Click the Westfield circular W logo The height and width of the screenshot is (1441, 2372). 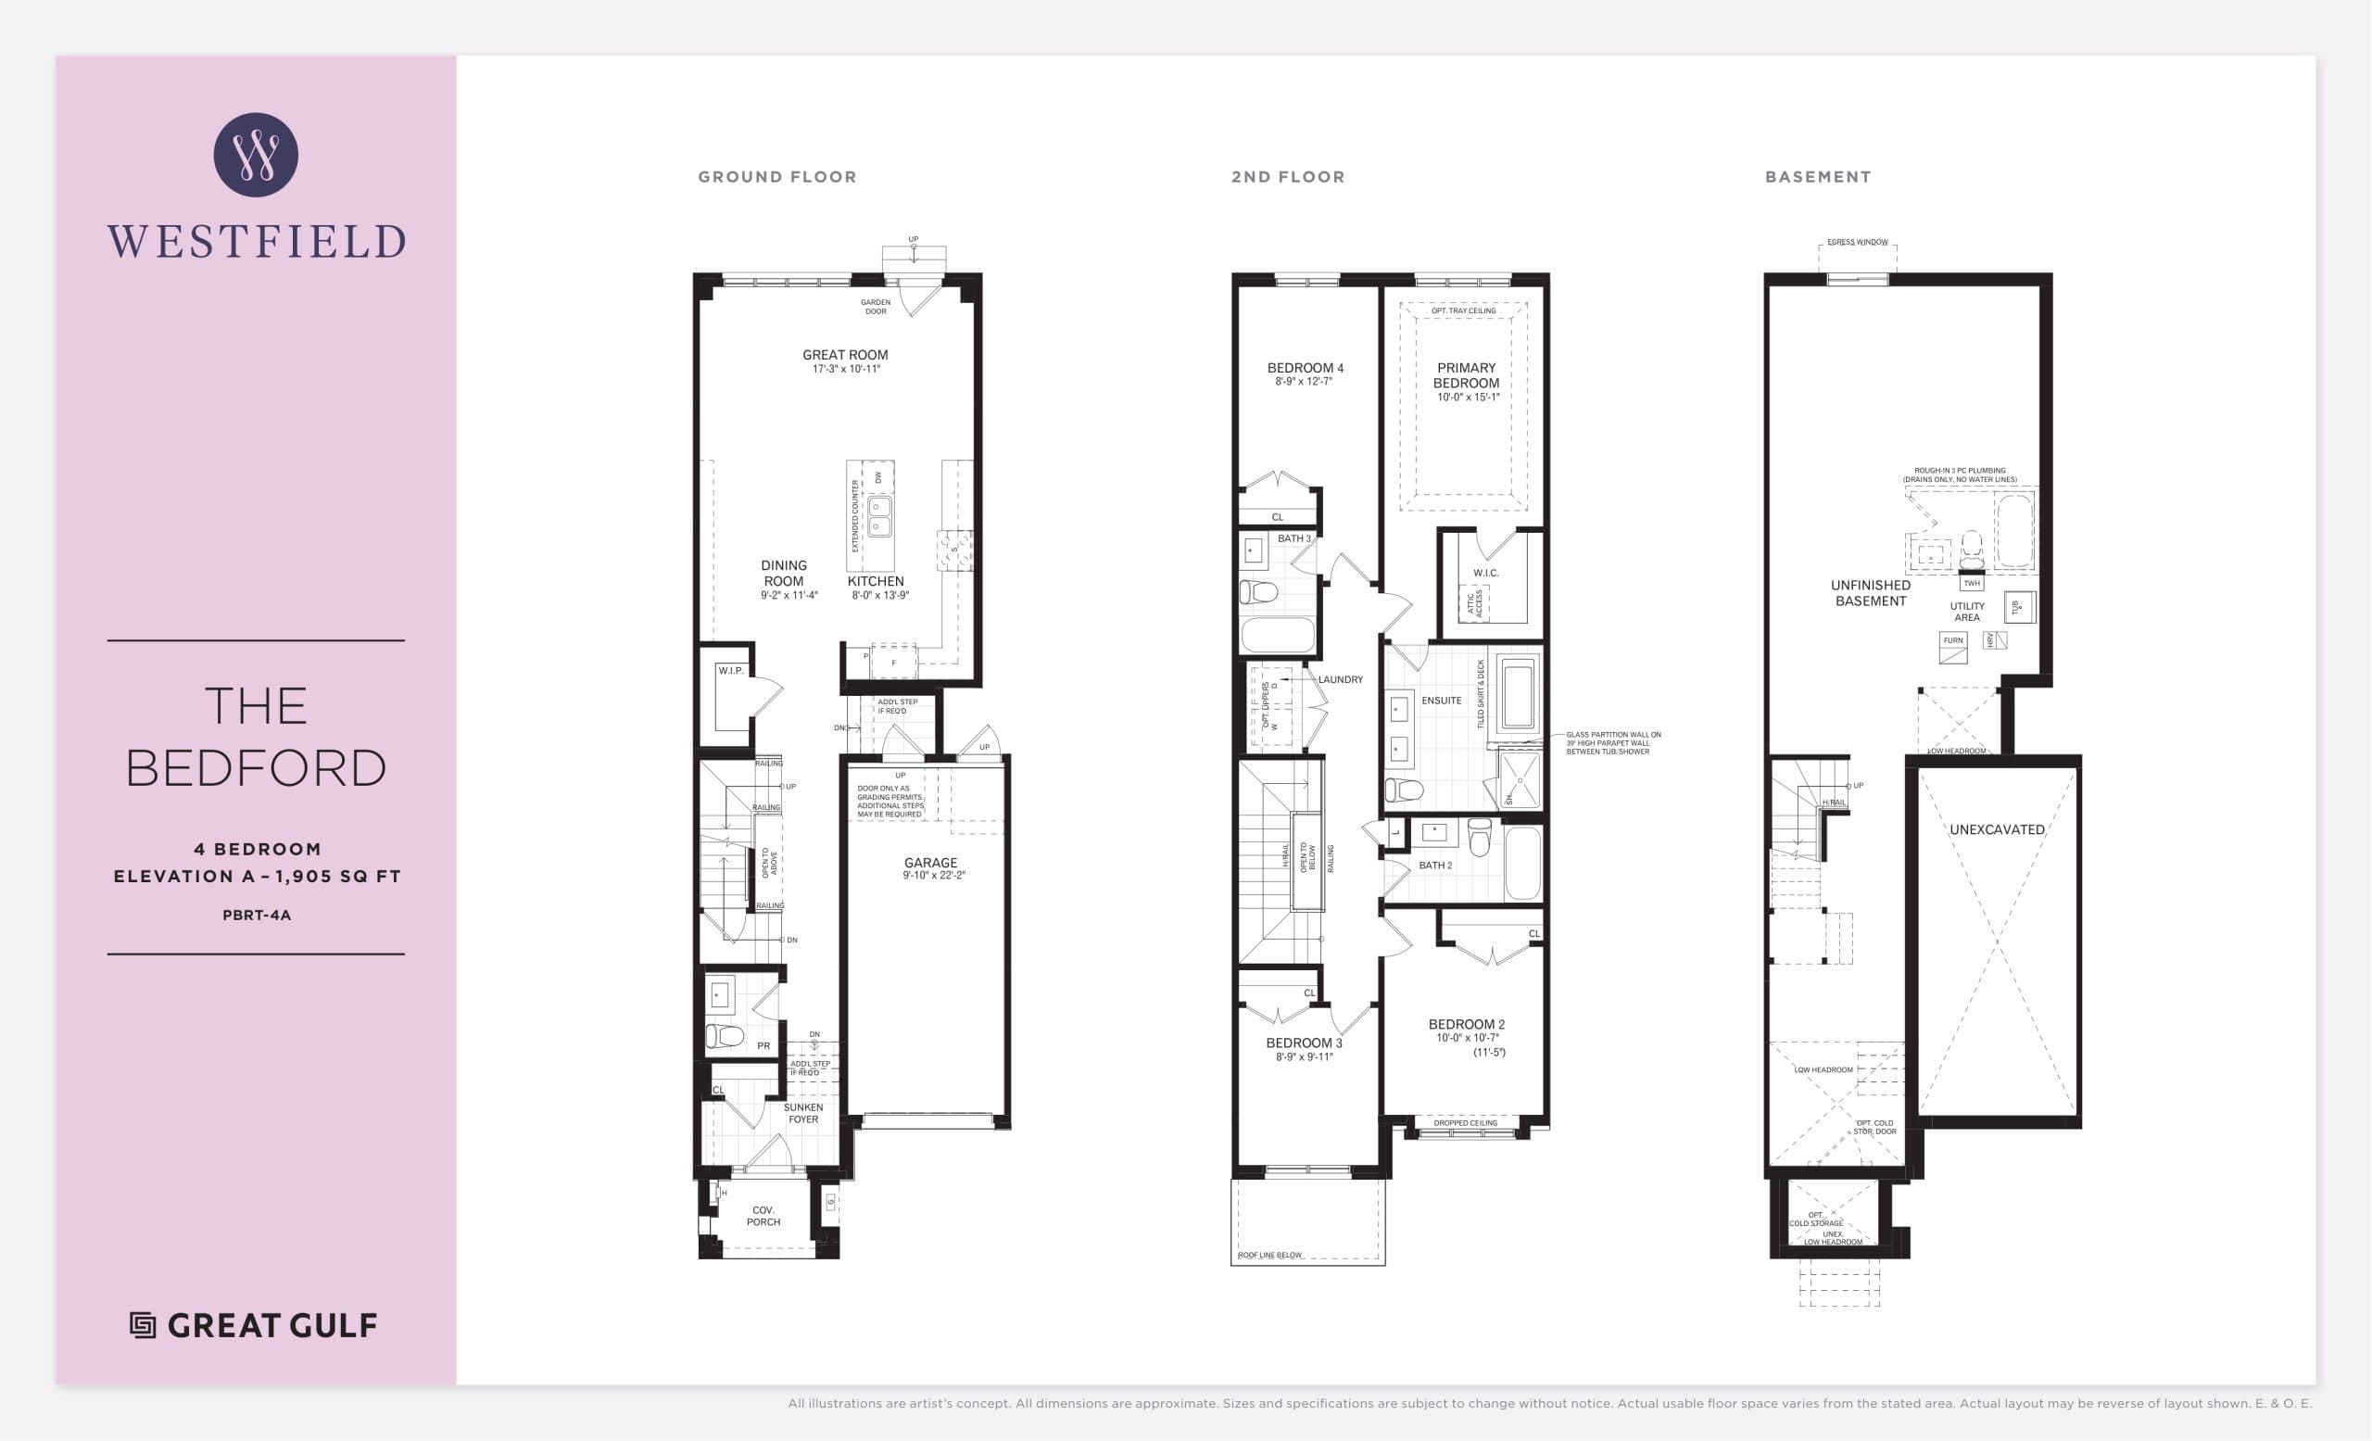click(x=255, y=155)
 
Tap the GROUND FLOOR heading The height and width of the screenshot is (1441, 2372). click(x=776, y=177)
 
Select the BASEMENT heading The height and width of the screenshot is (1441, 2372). click(x=1818, y=177)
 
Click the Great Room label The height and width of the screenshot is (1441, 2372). click(x=845, y=355)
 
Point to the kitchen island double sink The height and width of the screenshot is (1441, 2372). click(x=880, y=516)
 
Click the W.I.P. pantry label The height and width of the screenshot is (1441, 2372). click(x=730, y=670)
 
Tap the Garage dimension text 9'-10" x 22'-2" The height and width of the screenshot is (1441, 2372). click(x=933, y=876)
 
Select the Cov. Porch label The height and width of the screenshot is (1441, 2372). click(x=763, y=1216)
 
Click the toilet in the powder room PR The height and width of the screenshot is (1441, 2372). click(x=725, y=1036)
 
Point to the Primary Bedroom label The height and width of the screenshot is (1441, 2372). click(x=1466, y=375)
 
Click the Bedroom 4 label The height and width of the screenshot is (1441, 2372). click(x=1305, y=368)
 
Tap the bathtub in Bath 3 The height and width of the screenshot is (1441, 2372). click(x=1278, y=636)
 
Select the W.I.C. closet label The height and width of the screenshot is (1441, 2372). click(x=1485, y=573)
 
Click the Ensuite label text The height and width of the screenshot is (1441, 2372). click(x=1441, y=701)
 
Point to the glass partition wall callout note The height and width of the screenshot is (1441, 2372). click(x=1612, y=743)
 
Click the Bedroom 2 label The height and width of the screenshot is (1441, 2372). click(x=1466, y=1024)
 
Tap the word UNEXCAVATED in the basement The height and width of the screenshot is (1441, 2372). click(x=1997, y=829)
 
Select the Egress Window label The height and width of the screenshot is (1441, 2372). click(x=1857, y=243)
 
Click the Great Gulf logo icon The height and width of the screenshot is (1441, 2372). click(x=143, y=1325)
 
